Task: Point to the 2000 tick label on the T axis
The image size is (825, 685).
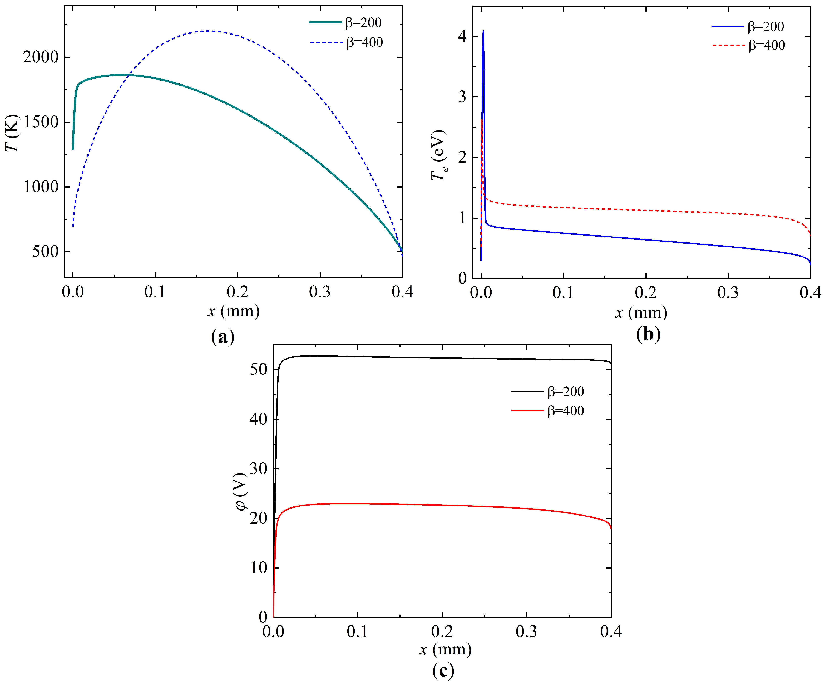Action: (x=41, y=57)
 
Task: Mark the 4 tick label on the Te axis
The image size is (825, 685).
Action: (x=462, y=37)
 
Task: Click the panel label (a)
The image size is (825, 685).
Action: (x=223, y=337)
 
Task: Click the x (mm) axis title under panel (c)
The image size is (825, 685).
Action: (x=445, y=649)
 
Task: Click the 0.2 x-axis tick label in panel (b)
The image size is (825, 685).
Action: (x=646, y=293)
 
